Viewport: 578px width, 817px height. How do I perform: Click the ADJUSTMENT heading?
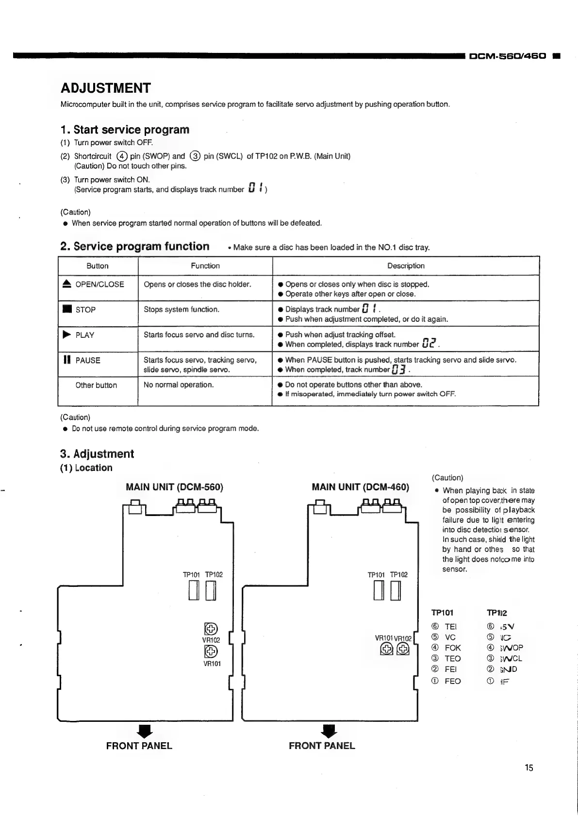click(105, 88)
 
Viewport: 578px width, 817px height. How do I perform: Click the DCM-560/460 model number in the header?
click(507, 56)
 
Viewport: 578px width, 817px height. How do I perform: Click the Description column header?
click(406, 266)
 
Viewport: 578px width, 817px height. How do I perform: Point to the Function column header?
click(205, 266)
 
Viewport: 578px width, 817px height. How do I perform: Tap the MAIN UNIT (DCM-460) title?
click(360, 487)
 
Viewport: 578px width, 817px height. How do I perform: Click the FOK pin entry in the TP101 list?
click(452, 648)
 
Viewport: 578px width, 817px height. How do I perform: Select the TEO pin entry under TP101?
click(452, 659)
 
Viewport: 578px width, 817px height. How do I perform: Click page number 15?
click(528, 767)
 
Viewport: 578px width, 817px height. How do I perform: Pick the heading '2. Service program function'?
click(135, 246)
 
